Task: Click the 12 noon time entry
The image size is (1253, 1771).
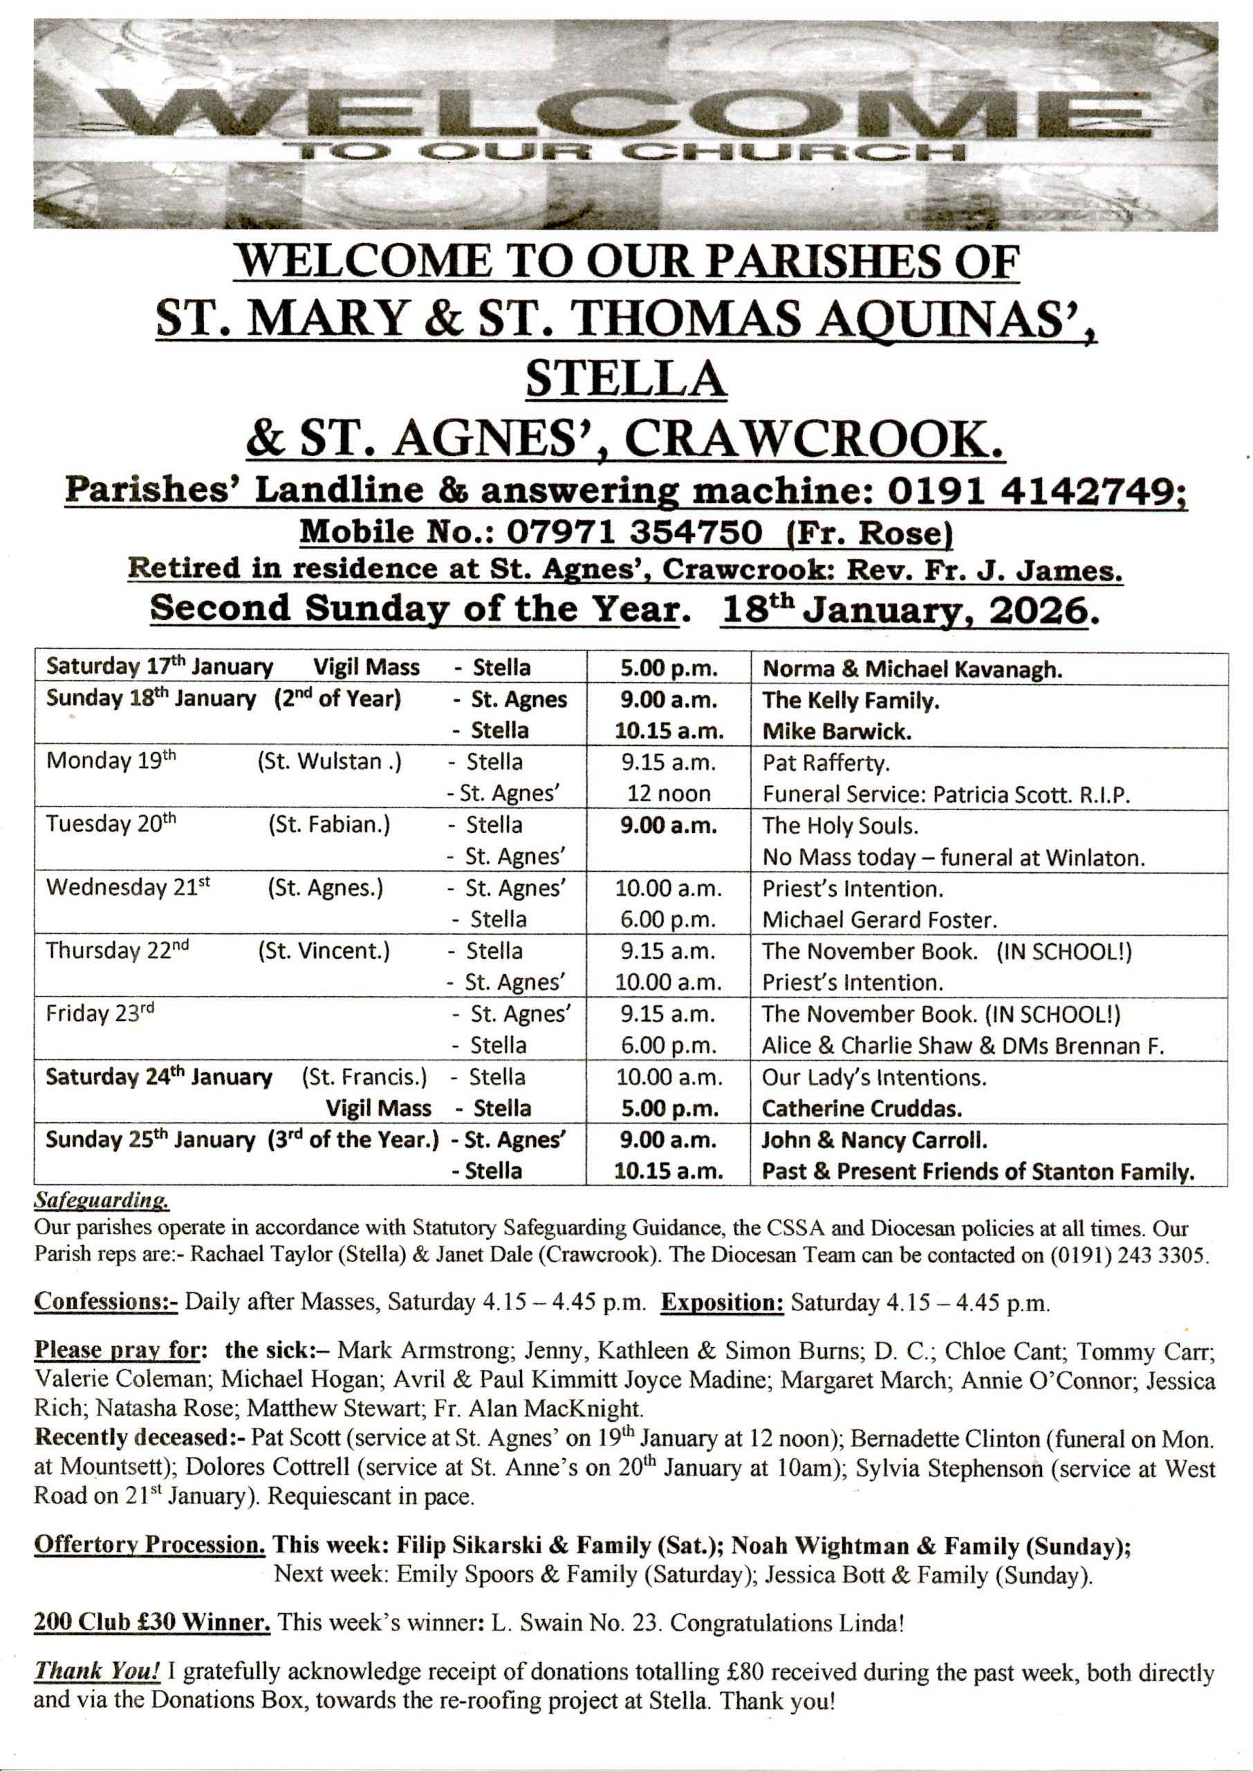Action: pos(669,793)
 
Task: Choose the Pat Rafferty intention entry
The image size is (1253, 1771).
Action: pos(826,763)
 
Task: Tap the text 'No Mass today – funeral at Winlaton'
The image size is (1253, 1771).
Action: pos(953,857)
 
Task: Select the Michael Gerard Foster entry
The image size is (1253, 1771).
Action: pos(880,920)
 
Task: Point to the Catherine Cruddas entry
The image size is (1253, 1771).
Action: pos(862,1109)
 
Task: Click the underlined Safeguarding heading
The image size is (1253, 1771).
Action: pos(102,1202)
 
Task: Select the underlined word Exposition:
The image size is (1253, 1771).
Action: pos(722,1303)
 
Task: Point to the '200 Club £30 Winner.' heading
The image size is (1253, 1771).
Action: pos(152,1622)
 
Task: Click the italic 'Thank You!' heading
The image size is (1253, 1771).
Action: pos(98,1671)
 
